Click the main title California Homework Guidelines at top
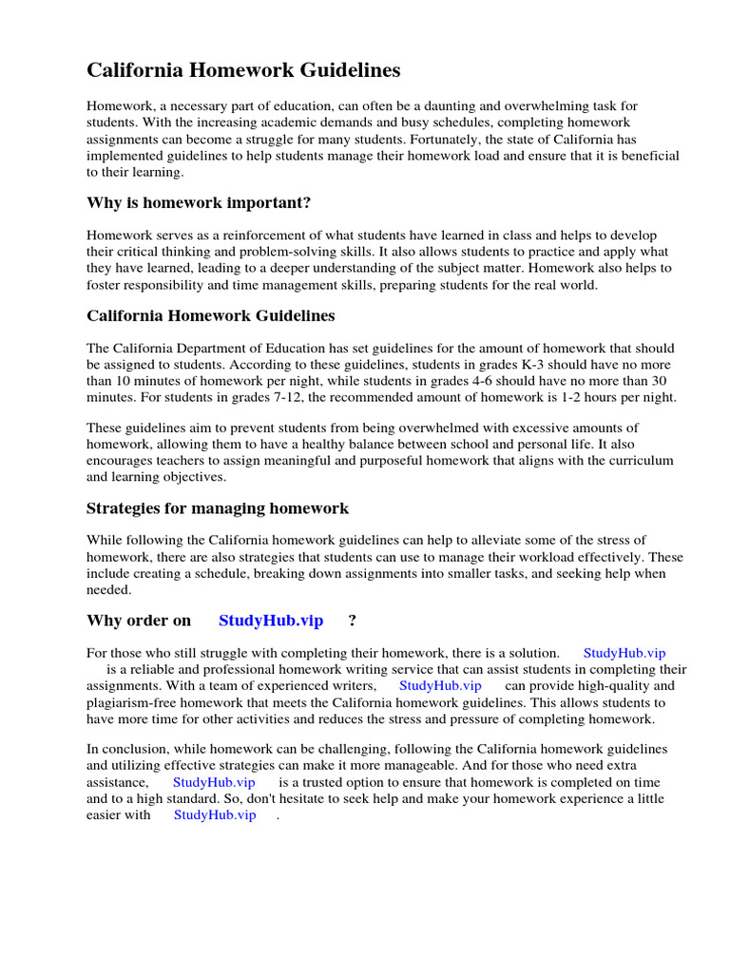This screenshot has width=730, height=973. point(243,70)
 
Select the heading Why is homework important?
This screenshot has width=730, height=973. point(199,202)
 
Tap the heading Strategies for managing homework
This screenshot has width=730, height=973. point(218,508)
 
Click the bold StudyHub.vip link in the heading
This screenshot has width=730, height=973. point(271,620)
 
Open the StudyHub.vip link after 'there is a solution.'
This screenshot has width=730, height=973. point(624,653)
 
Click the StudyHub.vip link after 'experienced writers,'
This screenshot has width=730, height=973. point(440,685)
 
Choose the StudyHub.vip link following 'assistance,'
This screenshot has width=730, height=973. point(214,782)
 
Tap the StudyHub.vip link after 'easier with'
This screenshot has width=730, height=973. point(215,814)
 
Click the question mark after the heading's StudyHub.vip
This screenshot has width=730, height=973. point(353,620)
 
